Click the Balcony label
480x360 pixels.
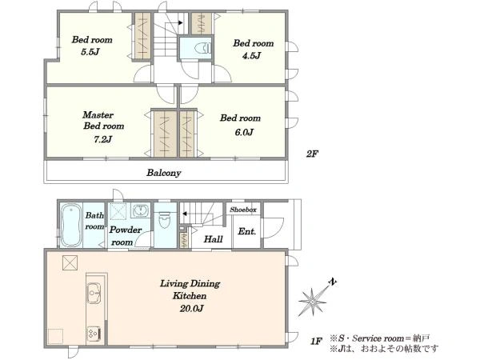pyautogui.click(x=164, y=173)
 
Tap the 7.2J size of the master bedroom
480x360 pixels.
pyautogui.click(x=102, y=139)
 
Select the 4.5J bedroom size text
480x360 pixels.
pyautogui.click(x=252, y=56)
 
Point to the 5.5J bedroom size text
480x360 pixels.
pyautogui.click(x=90, y=52)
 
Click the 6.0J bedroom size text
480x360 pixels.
pyautogui.click(x=244, y=132)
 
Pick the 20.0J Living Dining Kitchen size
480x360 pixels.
pyautogui.click(x=192, y=308)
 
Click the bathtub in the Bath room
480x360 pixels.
pyautogui.click(x=71, y=225)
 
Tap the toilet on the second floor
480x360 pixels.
pyautogui.click(x=203, y=48)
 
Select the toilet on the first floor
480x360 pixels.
pyautogui.click(x=165, y=220)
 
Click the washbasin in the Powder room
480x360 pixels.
pyautogui.click(x=141, y=210)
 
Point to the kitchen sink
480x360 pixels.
pyautogui.click(x=94, y=293)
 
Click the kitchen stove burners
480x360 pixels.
pyautogui.click(x=94, y=334)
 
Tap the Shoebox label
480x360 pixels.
pyautogui.click(x=243, y=210)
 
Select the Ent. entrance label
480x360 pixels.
pyautogui.click(x=246, y=231)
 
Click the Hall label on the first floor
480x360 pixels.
pyautogui.click(x=214, y=238)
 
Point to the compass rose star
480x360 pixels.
pyautogui.click(x=312, y=302)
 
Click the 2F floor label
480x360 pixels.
pyautogui.click(x=312, y=154)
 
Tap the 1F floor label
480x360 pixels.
pyautogui.click(x=317, y=341)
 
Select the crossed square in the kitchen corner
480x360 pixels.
pyautogui.click(x=70, y=263)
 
